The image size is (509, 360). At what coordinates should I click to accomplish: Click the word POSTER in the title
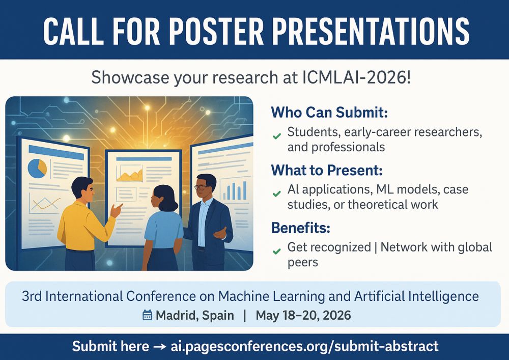(x=216, y=31)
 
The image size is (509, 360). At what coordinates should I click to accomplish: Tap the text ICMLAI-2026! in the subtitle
(x=356, y=77)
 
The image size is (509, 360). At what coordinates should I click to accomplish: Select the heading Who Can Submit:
(x=329, y=113)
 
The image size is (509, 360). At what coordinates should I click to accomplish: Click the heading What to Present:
(x=327, y=170)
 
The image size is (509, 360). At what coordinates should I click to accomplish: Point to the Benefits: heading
(x=301, y=228)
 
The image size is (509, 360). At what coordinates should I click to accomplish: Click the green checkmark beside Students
(x=277, y=136)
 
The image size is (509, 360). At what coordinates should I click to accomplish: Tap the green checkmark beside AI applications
(x=277, y=194)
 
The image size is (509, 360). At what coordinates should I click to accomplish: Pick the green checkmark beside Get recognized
(x=277, y=251)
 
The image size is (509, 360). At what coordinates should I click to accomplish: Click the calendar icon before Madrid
(x=148, y=315)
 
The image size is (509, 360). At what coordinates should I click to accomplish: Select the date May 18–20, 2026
(x=303, y=315)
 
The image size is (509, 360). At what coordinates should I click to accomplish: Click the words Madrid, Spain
(x=195, y=315)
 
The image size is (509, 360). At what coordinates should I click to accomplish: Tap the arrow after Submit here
(x=160, y=347)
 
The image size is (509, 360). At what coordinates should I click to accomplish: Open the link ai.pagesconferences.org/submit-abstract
(x=304, y=346)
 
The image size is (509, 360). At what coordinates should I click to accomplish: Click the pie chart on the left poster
(x=37, y=169)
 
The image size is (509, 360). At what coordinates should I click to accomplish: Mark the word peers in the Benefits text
(x=303, y=262)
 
